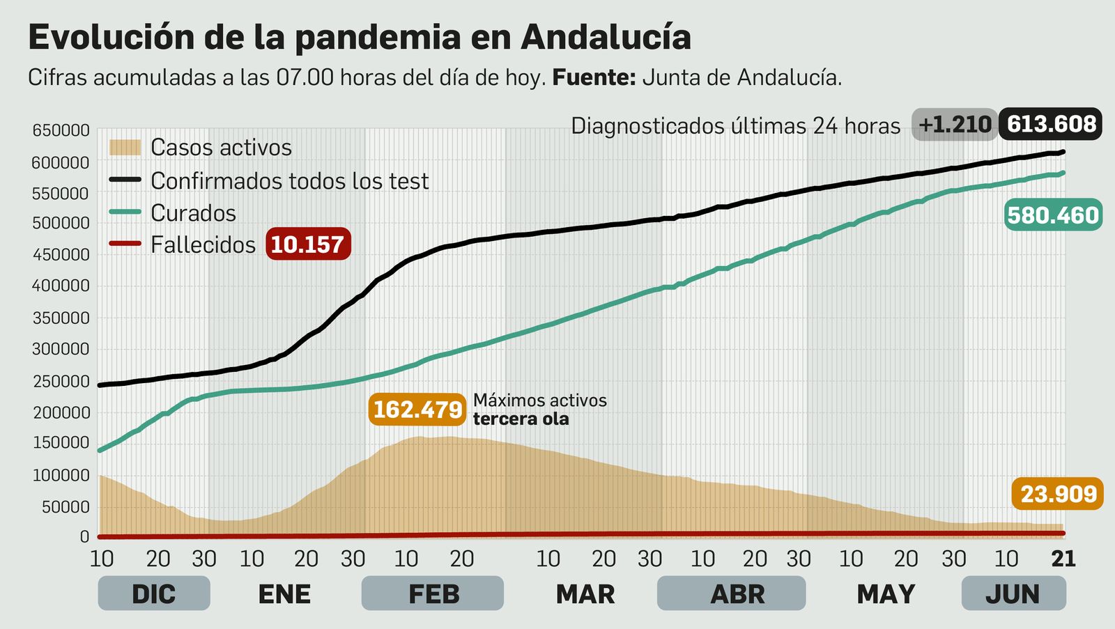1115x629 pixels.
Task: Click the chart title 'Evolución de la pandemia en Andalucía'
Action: point(359,38)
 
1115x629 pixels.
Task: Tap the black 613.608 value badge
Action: point(1051,124)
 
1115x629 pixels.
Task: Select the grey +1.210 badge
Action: point(954,125)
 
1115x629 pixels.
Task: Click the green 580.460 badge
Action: point(1053,215)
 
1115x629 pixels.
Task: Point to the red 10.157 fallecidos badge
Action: point(307,244)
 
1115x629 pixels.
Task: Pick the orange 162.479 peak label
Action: point(417,410)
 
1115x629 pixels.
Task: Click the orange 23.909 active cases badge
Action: point(1058,494)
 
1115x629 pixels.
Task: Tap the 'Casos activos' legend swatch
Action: point(125,147)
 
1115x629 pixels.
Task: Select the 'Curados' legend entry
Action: point(193,212)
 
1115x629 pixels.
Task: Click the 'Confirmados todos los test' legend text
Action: point(289,180)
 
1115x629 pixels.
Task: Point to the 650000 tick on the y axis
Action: point(61,130)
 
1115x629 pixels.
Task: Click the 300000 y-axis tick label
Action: point(61,349)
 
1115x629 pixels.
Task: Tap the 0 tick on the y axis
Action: point(84,536)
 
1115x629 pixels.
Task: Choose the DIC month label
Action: point(153,594)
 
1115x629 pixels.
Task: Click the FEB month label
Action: point(433,594)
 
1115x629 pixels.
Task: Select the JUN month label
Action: point(1013,594)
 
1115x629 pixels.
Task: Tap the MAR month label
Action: point(585,594)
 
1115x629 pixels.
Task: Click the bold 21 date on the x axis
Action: point(1063,559)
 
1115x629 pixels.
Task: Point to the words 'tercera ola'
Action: point(521,419)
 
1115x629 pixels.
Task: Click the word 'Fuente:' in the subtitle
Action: point(594,77)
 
